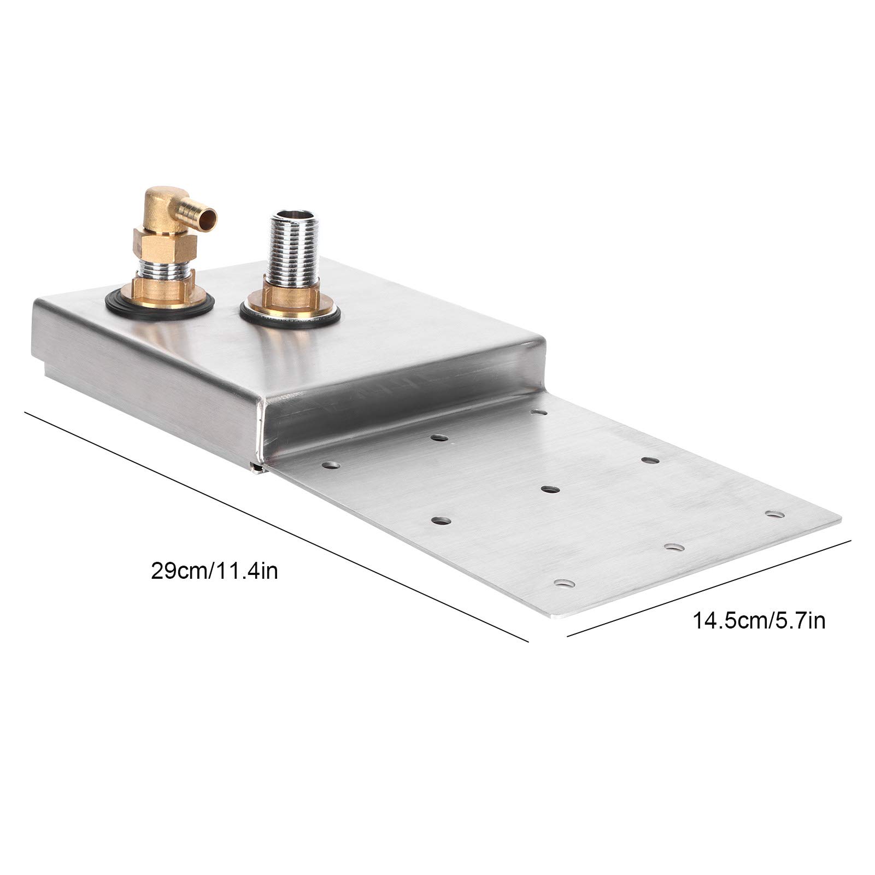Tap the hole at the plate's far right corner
coord(773,514)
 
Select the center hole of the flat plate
coord(549,488)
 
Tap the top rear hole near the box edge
coord(540,412)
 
